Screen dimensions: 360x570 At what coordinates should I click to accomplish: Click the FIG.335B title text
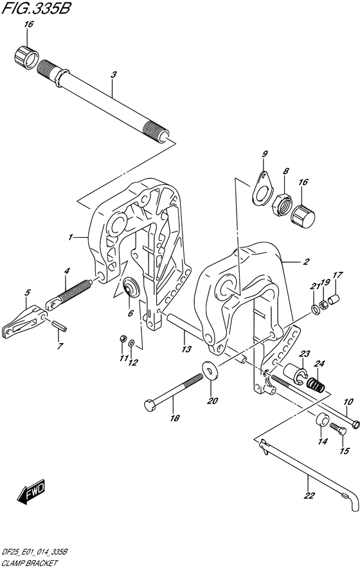[35, 8]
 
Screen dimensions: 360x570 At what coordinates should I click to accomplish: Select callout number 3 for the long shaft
[114, 75]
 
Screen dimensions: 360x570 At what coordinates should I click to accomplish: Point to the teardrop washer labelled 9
[262, 186]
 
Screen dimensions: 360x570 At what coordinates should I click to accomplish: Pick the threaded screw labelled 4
[68, 294]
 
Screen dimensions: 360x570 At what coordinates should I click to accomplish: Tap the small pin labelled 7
[59, 326]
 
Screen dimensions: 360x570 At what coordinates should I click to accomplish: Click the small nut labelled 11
[123, 339]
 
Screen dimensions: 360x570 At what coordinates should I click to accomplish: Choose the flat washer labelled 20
[210, 370]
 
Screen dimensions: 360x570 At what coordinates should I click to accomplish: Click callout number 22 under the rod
[309, 495]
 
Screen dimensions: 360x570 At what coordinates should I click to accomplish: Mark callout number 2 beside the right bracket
[306, 262]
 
